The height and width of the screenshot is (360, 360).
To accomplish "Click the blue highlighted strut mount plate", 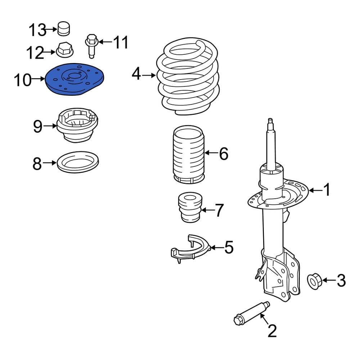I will point(75,80).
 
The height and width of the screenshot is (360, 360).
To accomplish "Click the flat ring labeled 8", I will point(78,162).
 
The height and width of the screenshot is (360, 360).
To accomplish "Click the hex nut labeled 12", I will point(65,50).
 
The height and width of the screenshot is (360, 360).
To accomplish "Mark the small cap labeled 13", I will point(64,28).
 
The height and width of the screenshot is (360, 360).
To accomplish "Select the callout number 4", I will point(136,75).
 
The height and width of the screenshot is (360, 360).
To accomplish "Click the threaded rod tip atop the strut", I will point(271,124).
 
